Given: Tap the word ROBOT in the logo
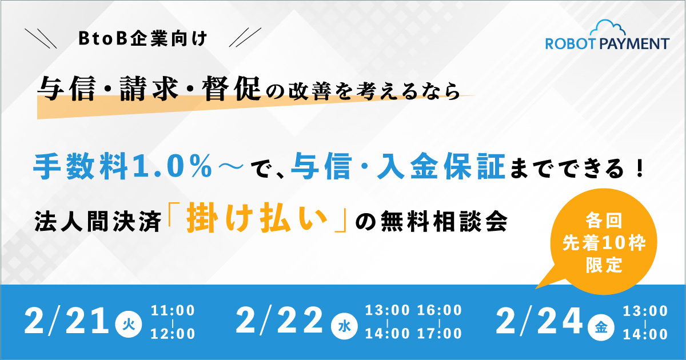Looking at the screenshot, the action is point(571,44).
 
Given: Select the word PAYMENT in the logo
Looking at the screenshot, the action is point(634,44).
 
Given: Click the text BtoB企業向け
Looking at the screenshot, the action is point(143,39).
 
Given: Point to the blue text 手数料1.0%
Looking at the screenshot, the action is point(123,167).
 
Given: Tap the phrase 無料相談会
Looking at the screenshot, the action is point(444,221).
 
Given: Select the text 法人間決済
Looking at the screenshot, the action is point(98,221).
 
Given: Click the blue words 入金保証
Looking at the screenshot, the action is point(441,167).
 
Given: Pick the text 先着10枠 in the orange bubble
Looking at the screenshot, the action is point(604,243).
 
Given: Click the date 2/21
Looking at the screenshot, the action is point(66,321).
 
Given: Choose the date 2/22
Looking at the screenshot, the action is point(280,321).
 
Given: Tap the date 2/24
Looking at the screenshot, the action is point(539,321).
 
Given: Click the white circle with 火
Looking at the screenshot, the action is point(129,324).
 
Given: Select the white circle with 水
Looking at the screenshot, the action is point(344,327).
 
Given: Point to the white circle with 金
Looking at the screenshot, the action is point(601,327).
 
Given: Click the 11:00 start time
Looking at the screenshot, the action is point(173,310).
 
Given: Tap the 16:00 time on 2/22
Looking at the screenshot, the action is point(440,310).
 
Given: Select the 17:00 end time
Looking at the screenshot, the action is point(440,334).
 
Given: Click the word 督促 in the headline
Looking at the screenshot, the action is point(231,89).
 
